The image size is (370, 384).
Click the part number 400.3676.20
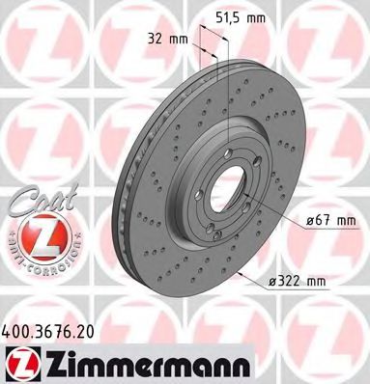tap(53, 329)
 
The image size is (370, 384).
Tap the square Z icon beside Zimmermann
tap(21, 362)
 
